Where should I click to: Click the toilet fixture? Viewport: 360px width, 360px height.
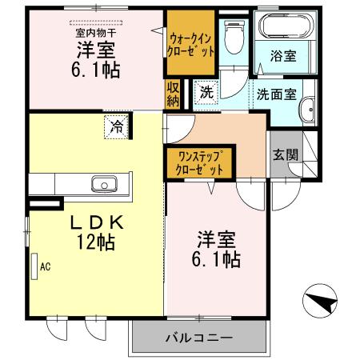coord(234,37)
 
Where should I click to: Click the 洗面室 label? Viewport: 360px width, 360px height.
coord(276,93)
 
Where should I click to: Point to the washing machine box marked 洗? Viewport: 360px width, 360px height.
coord(206,92)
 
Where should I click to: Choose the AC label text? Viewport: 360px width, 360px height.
coord(45,266)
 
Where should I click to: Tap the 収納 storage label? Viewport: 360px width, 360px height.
coord(173,94)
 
